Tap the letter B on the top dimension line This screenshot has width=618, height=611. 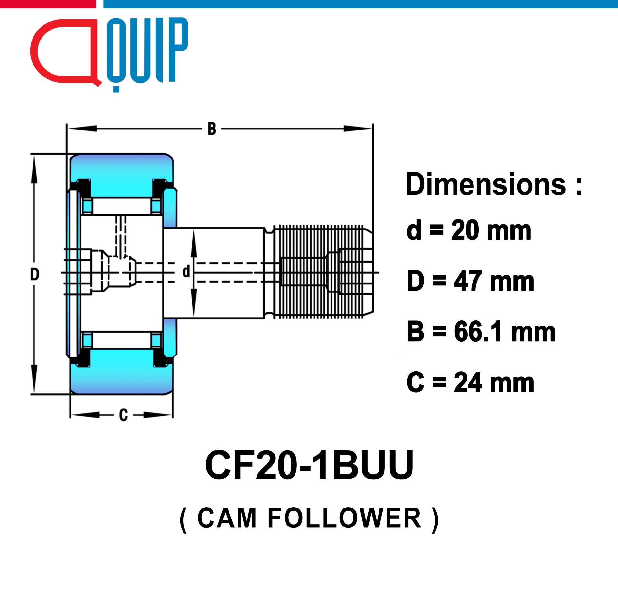pyautogui.click(x=211, y=129)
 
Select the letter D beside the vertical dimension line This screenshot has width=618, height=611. pyautogui.click(x=35, y=274)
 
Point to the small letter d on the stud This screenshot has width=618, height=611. pyautogui.click(x=186, y=272)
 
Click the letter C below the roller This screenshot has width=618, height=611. pyautogui.click(x=124, y=415)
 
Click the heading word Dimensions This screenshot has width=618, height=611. pyautogui.click(x=486, y=184)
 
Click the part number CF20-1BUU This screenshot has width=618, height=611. pyautogui.click(x=309, y=465)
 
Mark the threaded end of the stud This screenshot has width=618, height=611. pyautogui.click(x=323, y=272)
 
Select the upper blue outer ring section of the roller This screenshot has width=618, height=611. pyautogui.click(x=122, y=175)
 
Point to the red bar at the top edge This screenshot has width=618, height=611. pyautogui.click(x=48, y=4)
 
